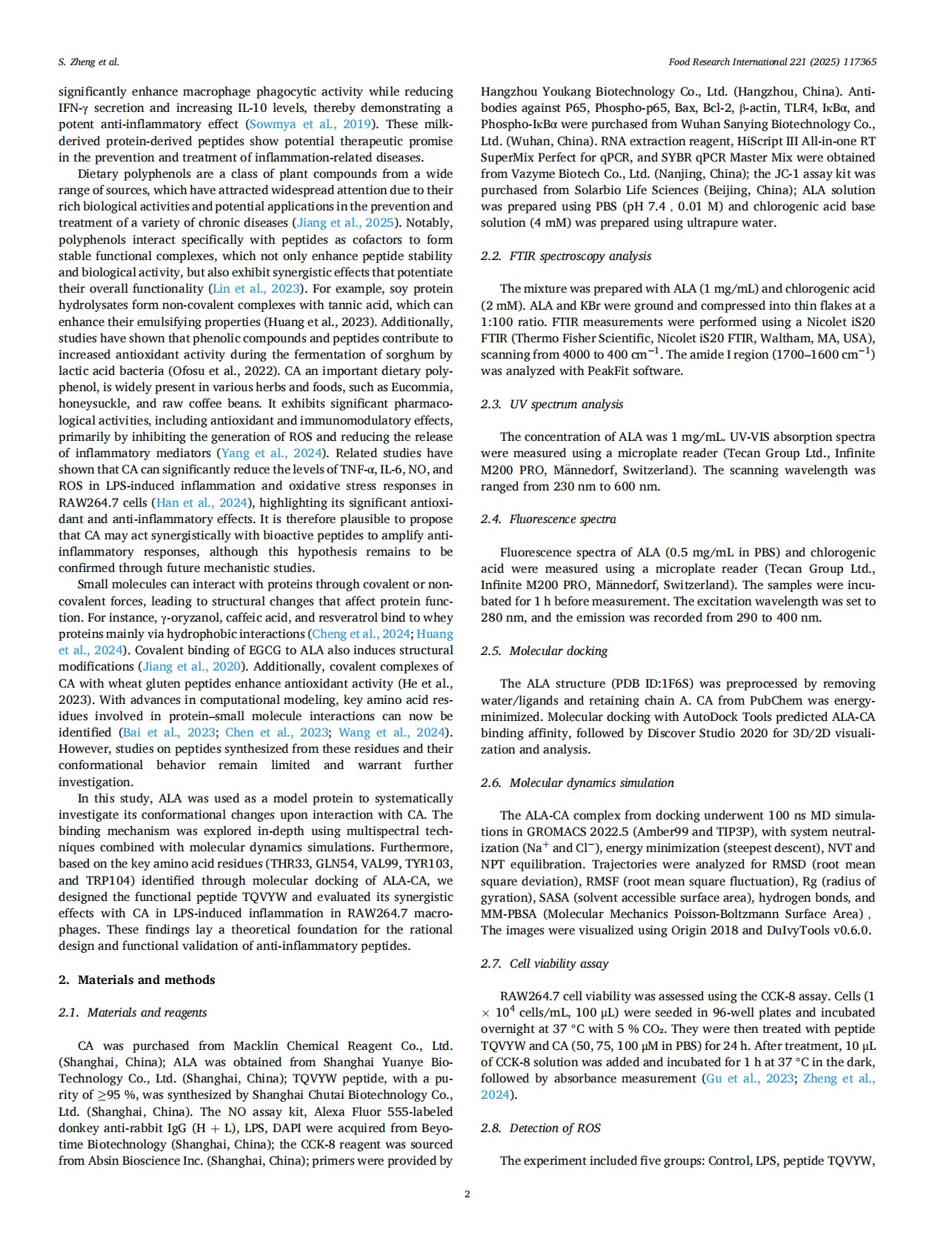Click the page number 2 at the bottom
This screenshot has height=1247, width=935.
467,1194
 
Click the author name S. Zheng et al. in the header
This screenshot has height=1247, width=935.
89,62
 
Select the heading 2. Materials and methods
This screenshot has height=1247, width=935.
137,980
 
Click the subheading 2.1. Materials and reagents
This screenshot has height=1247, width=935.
133,1012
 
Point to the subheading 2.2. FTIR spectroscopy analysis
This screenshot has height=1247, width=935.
566,256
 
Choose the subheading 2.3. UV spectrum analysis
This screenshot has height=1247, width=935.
552,404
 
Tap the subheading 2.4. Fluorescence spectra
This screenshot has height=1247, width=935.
548,519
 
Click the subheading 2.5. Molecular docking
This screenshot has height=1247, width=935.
544,651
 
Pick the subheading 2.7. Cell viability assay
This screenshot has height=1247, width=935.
545,963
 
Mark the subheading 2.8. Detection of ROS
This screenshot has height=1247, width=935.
541,1128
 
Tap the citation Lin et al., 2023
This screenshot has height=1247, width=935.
256,289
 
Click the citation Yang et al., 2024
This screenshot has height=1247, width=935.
270,453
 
